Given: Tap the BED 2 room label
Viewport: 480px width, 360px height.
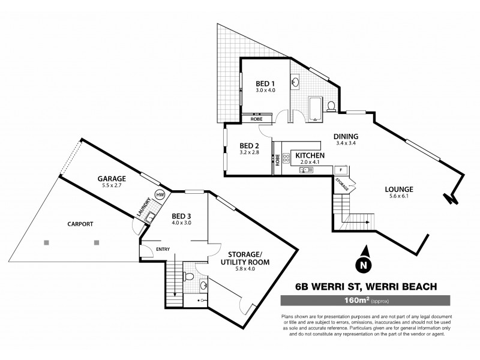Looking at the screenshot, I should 249,146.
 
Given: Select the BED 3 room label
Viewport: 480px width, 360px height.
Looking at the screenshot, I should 181,216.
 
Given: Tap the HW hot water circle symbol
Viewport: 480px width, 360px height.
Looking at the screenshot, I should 160,195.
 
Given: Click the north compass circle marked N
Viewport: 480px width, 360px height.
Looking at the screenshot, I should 363,263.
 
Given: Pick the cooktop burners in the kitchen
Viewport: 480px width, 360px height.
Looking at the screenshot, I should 286,158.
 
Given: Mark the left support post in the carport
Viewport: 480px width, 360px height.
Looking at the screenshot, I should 46,242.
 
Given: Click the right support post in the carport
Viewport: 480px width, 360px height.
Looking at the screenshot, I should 96,242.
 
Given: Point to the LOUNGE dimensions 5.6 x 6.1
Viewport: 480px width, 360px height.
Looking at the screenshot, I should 400,197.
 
